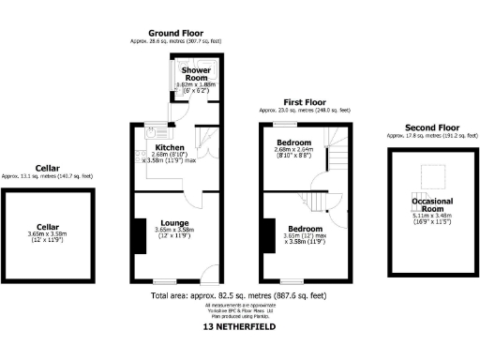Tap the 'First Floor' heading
(305, 101)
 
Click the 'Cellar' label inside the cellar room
(48, 226)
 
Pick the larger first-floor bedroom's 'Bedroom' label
(307, 229)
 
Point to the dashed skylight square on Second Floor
(433, 174)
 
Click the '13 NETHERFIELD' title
(239, 328)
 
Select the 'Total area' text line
(238, 296)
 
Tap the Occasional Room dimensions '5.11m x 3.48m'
(432, 220)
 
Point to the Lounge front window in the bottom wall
(166, 281)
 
